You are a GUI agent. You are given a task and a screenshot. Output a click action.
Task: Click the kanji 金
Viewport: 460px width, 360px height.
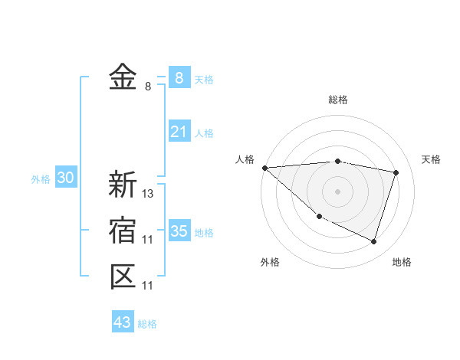tap(123, 77)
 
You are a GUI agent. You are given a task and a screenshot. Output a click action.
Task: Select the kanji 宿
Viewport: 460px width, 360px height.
tap(123, 231)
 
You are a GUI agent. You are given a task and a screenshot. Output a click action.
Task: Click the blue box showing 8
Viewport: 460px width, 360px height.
tap(179, 77)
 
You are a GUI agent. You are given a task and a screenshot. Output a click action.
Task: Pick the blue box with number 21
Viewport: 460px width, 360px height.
tap(179, 132)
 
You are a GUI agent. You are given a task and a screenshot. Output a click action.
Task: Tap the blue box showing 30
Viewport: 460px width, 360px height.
tap(65, 178)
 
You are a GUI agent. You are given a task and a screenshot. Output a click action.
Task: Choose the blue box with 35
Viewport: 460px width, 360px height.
tap(179, 231)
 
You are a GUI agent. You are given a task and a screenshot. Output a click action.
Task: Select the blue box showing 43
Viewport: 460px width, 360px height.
tap(123, 322)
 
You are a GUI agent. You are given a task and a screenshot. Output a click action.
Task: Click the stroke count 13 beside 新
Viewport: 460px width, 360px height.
tap(149, 194)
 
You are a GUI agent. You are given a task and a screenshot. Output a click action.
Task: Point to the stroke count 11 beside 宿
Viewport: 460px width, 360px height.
tap(148, 240)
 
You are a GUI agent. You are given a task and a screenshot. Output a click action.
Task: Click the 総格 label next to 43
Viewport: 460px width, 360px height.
tap(147, 324)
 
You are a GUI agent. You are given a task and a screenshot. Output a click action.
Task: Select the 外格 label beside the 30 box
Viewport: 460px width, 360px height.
tap(41, 179)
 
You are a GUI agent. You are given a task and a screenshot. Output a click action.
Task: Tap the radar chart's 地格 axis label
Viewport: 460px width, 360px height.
tap(402, 263)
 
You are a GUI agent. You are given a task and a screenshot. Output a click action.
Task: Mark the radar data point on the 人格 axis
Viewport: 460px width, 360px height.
tap(264, 168)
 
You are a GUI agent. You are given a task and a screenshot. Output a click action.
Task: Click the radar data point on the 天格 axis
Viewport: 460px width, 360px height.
tap(396, 172)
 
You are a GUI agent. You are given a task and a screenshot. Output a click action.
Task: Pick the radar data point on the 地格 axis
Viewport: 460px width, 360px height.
tap(373, 241)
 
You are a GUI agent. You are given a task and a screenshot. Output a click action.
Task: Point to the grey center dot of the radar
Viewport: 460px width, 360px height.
tap(338, 191)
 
